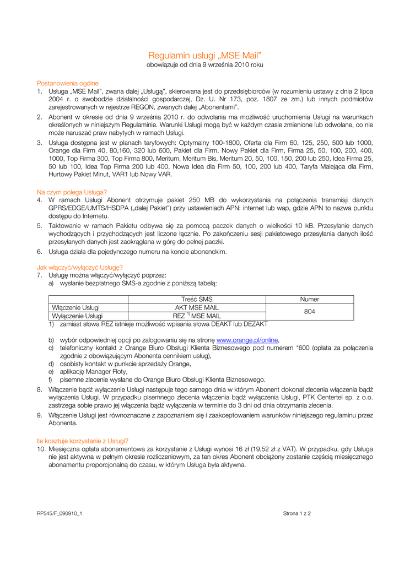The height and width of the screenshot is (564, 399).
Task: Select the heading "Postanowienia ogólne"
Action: (68, 83)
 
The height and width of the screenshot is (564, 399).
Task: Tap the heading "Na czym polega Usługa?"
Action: (72, 192)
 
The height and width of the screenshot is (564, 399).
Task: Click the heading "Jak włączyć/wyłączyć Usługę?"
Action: (79, 267)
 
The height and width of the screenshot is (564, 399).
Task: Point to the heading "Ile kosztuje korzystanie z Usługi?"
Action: (83, 441)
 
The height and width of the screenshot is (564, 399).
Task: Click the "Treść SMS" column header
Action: (197, 299)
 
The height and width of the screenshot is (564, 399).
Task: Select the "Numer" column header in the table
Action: (309, 299)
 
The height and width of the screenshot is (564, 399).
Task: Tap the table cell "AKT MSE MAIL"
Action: (197, 307)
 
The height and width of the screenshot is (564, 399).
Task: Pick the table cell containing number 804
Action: (309, 312)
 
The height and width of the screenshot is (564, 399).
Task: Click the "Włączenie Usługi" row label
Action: (76, 307)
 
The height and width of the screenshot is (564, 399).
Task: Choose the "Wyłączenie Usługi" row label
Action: (77, 316)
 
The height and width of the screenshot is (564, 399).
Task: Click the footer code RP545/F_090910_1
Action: (60, 513)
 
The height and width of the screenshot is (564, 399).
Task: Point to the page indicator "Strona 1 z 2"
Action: (297, 513)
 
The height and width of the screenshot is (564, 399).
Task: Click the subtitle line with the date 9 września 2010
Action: (204, 65)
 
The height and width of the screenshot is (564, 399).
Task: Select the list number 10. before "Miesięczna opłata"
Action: (41, 449)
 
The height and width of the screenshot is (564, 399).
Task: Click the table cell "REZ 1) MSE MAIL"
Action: (197, 316)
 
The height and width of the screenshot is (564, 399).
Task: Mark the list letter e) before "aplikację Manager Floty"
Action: (51, 372)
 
